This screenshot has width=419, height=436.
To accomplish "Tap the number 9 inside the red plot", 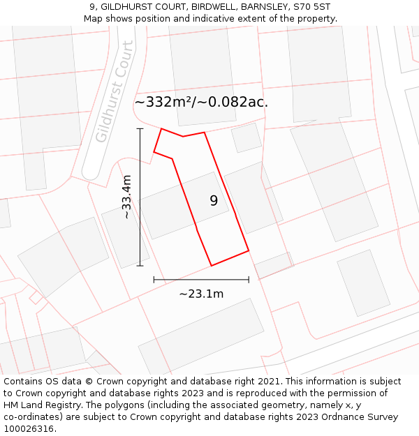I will pos(214,201).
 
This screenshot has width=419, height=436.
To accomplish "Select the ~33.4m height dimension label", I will pos(126,197).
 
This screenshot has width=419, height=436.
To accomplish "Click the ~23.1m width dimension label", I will pos(201,294).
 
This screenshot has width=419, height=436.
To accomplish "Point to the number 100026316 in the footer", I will pos(29,428).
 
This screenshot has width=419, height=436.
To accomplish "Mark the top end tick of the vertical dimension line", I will pos(140,129).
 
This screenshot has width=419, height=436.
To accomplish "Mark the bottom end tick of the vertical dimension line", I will pos(140,266).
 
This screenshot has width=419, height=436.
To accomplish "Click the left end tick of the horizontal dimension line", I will pos(154,280).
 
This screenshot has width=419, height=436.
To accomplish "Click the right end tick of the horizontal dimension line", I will pos(249,280).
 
